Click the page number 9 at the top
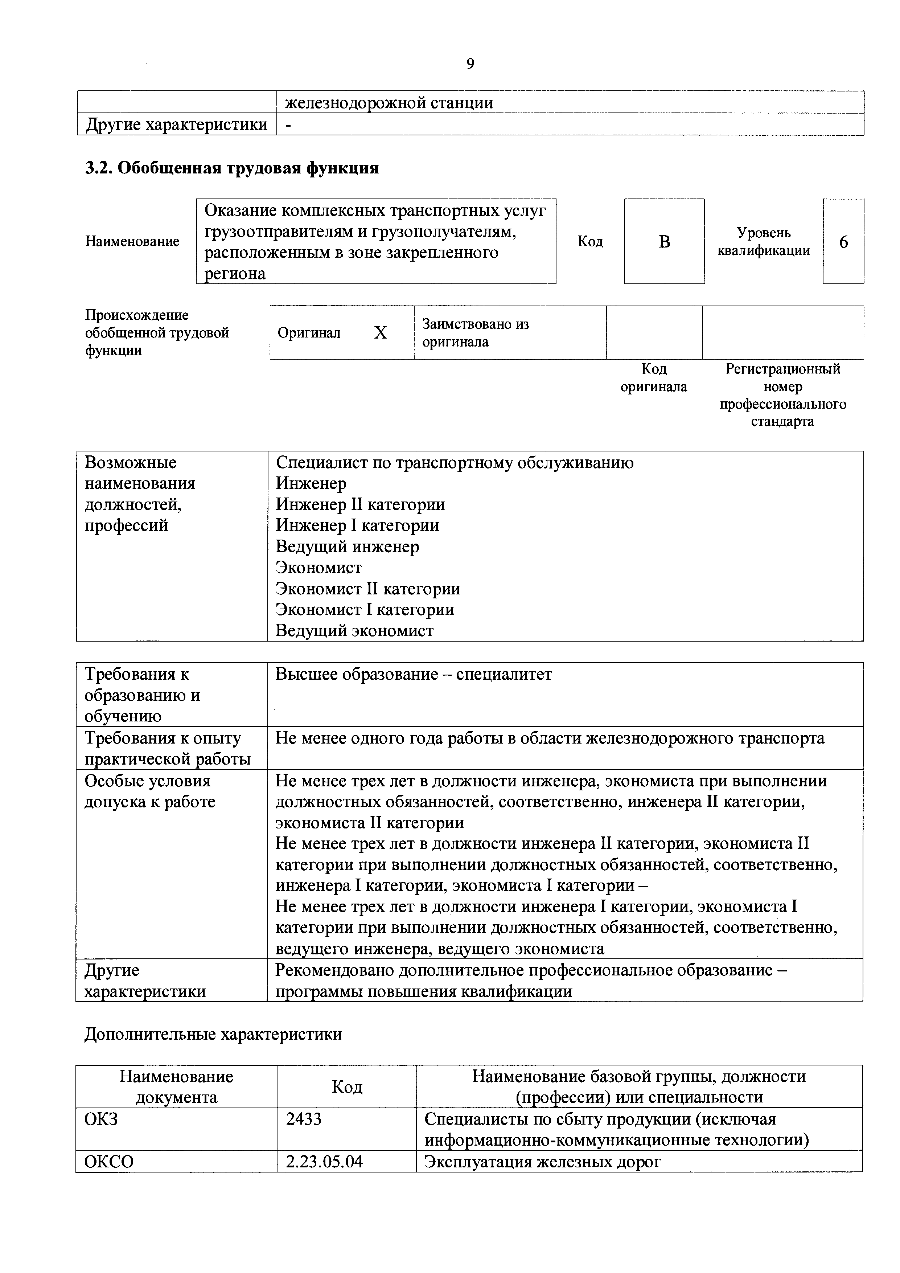click(470, 64)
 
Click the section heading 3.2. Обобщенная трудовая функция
click(232, 167)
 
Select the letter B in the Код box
click(665, 242)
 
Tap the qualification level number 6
click(843, 242)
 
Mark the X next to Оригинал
click(380, 333)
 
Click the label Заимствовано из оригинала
click(476, 333)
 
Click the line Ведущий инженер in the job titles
click(348, 547)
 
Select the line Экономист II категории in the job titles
click(368, 589)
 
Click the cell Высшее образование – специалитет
click(414, 675)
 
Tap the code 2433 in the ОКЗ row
click(304, 1119)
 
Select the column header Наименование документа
click(176, 1087)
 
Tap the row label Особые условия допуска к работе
click(149, 792)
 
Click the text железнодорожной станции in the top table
click(389, 103)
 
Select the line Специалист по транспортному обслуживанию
click(455, 462)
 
